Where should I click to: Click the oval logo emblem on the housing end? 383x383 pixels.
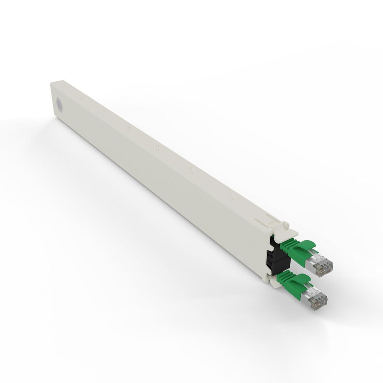[x=60, y=103]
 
